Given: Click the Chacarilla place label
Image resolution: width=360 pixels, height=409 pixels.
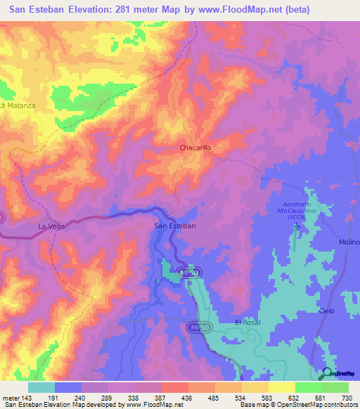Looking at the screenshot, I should coord(195,148).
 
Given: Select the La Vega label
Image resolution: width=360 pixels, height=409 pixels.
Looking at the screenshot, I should coord(51,226).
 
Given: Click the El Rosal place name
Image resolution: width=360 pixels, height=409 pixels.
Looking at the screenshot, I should coord(247,322).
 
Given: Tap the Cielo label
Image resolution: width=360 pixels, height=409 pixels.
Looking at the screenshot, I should coord(326,311).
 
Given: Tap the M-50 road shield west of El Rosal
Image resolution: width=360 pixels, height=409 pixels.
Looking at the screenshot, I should coord(198,328).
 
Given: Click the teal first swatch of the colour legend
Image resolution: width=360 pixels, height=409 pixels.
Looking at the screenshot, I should coord(41,387).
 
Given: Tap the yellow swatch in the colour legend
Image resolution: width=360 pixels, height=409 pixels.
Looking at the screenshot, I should coord(281,387).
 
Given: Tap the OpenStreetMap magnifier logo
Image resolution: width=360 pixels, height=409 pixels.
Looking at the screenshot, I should coord(327,373).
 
